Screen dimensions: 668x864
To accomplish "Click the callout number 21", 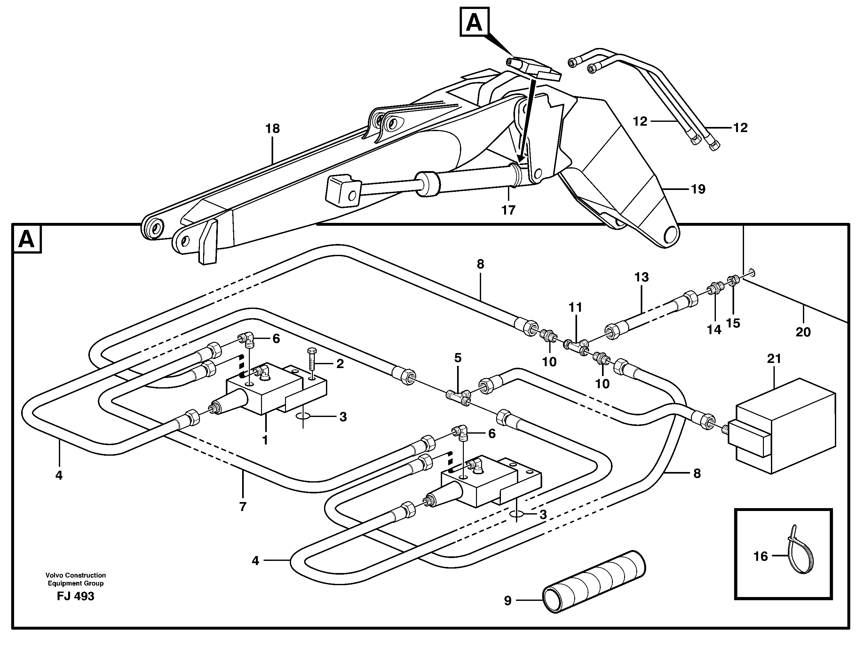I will pyautogui.click(x=774, y=359).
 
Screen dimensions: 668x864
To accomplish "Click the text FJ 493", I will pyautogui.click(x=75, y=596).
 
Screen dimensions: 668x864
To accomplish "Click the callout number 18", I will pyautogui.click(x=273, y=129).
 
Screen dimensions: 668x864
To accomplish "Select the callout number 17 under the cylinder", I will pyautogui.click(x=508, y=210).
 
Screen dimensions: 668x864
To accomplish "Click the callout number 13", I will pyautogui.click(x=642, y=277).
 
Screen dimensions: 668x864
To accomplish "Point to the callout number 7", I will pyautogui.click(x=242, y=507).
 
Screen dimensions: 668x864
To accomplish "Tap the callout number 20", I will pyautogui.click(x=803, y=332).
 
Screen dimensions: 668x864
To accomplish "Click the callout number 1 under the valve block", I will pyautogui.click(x=265, y=440).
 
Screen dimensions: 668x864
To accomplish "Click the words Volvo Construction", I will pyautogui.click(x=75, y=575).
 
